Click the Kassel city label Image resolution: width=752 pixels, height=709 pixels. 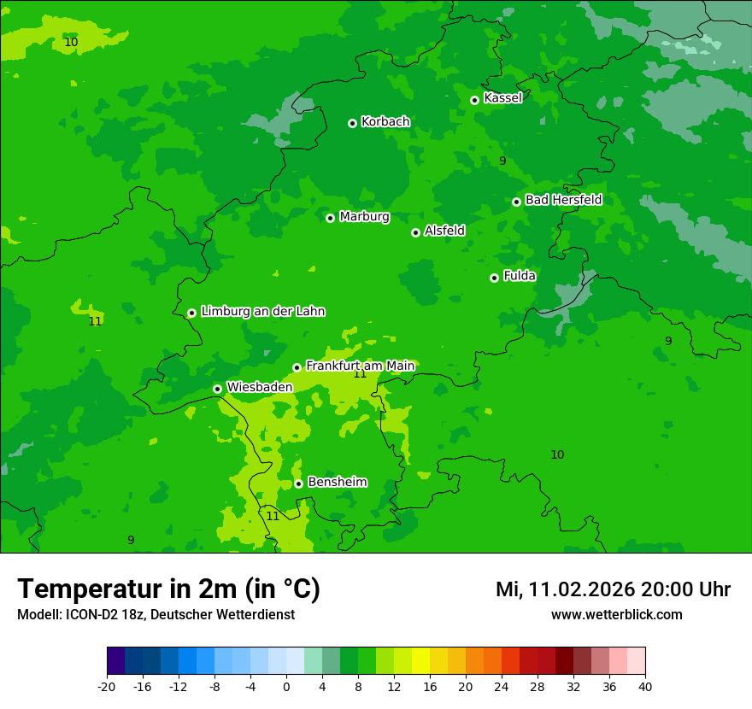[x=502, y=98]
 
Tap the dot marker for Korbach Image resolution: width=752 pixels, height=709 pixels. [x=352, y=123]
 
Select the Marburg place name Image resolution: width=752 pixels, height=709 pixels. [x=364, y=217]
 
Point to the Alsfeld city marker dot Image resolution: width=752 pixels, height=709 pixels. [x=415, y=232]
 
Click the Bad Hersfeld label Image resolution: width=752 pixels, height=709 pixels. [x=563, y=200]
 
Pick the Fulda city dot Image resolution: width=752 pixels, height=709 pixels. [x=494, y=278]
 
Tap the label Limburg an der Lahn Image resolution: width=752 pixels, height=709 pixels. [x=262, y=311]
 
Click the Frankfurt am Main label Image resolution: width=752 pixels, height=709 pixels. [x=360, y=366]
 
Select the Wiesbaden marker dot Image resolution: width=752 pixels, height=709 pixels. [x=217, y=389]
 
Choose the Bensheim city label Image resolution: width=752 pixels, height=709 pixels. [x=337, y=482]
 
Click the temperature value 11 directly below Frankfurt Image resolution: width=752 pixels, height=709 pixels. [x=360, y=374]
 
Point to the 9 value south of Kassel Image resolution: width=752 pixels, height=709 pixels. [x=502, y=161]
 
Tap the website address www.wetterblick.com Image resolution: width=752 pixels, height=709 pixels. [x=616, y=614]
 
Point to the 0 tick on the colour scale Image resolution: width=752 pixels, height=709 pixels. [x=286, y=687]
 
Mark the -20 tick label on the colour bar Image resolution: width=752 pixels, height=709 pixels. [x=107, y=687]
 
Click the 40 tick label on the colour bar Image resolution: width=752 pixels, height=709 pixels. [x=645, y=687]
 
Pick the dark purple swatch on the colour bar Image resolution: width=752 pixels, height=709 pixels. [x=115, y=661]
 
